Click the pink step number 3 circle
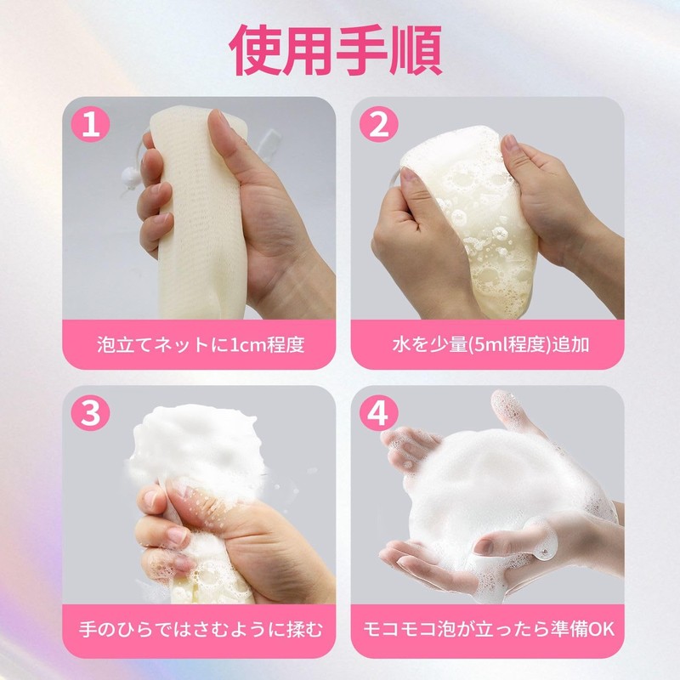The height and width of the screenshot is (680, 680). tap(96, 414)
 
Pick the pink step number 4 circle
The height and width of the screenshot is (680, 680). tap(379, 414)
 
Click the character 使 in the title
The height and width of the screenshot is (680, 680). tap(256, 48)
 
